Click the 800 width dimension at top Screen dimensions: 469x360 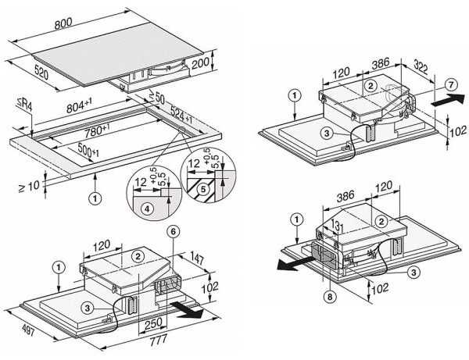pyautogui.click(x=63, y=23)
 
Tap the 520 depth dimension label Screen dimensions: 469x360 pyautogui.click(x=41, y=73)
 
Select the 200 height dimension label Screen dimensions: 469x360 pyautogui.click(x=200, y=63)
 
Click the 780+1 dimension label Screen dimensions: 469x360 pyautogui.click(x=97, y=130)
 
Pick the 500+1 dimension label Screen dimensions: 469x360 pyautogui.click(x=88, y=150)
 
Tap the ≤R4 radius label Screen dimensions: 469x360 pyautogui.click(x=25, y=105)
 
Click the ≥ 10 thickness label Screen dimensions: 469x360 pyautogui.click(x=29, y=187)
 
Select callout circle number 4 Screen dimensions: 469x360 pyautogui.click(x=147, y=209)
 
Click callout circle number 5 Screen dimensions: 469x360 pyautogui.click(x=203, y=189)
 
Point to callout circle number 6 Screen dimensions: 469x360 pyautogui.click(x=174, y=231)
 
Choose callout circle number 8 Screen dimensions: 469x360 pyautogui.click(x=330, y=297)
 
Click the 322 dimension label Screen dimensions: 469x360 pyautogui.click(x=421, y=66)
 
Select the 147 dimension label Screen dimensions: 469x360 pyautogui.click(x=197, y=258)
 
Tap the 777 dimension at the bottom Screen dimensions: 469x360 pyautogui.click(x=159, y=340)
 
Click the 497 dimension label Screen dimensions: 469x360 pyautogui.click(x=28, y=330)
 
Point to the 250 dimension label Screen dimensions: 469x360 pyautogui.click(x=153, y=323)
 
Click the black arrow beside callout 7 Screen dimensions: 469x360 pyautogui.click(x=448, y=99)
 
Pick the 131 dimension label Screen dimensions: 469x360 pyautogui.click(x=335, y=226)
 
